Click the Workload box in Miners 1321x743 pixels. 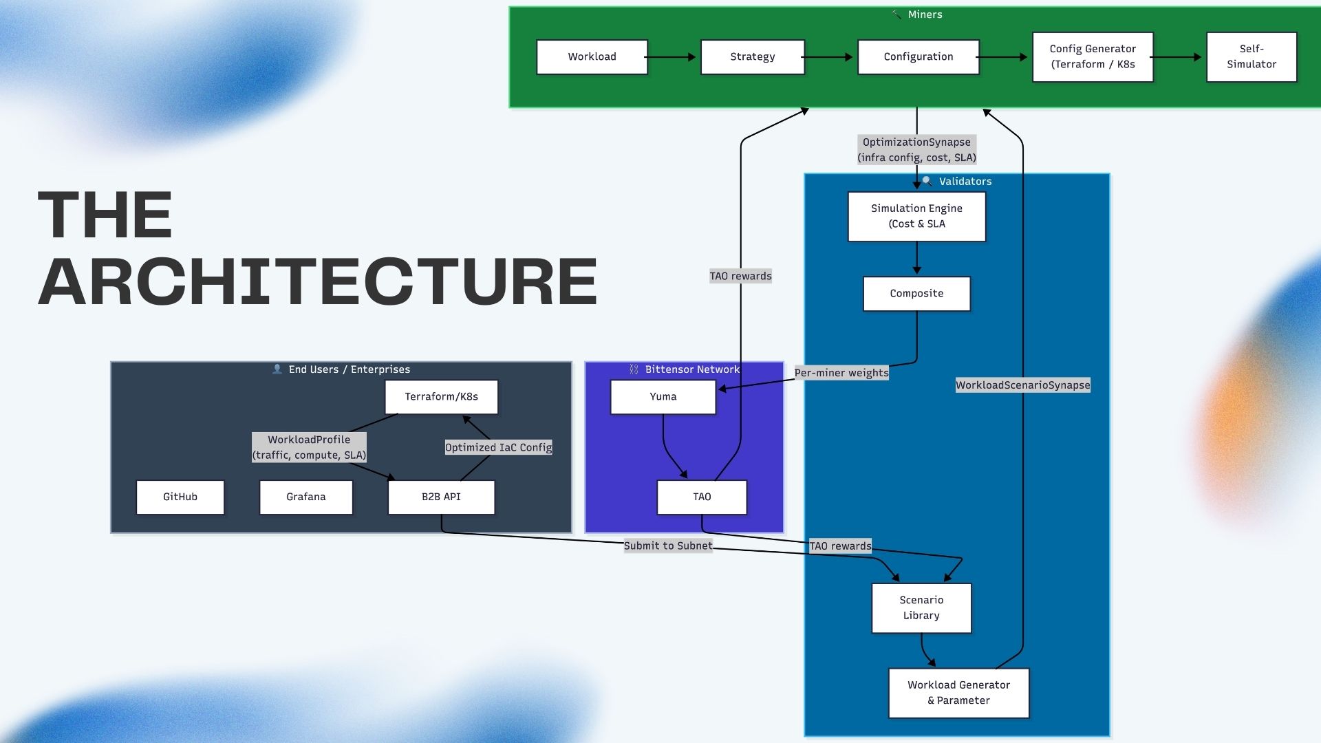[592, 56]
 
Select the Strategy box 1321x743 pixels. [752, 56]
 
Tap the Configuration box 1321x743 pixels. [918, 56]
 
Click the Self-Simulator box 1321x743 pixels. [1251, 56]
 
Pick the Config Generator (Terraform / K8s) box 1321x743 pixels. [1092, 56]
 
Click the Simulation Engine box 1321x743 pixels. [916, 216]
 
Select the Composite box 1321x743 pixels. [916, 293]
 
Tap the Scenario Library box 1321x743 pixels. [921, 607]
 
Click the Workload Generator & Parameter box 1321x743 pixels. [958, 693]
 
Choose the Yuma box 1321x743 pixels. [663, 397]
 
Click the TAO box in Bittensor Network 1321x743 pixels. [702, 497]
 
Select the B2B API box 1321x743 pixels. [441, 497]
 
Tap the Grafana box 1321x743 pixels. [305, 497]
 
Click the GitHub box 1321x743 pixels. [180, 497]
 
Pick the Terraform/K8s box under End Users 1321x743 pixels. [441, 397]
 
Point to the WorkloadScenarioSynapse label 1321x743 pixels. [1022, 385]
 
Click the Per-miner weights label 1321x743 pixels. [841, 373]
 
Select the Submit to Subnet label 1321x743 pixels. [667, 546]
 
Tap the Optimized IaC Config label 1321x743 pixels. [498, 447]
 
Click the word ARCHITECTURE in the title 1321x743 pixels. [317, 282]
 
